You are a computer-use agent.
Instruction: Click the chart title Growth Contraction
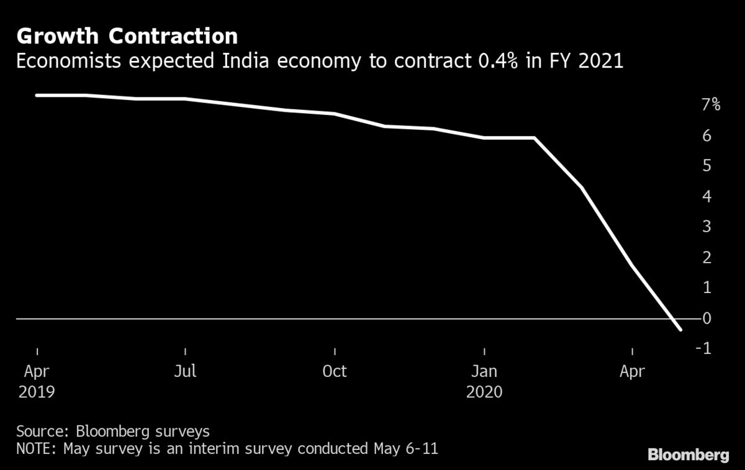127,36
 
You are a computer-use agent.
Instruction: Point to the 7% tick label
710,104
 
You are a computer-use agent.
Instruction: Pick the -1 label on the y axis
703,349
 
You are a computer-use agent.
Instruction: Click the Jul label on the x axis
185,371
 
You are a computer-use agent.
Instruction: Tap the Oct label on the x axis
334,371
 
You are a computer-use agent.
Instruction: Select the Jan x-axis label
484,371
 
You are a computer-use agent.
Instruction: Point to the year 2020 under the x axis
484,392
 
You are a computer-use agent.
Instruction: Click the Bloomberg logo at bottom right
688,455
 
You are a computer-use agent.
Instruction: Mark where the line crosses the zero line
674,319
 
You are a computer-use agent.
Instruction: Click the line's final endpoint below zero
681,330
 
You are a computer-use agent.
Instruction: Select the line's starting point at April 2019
37,95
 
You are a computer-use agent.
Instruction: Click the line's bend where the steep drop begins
533,138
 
